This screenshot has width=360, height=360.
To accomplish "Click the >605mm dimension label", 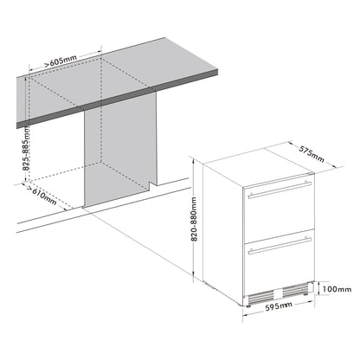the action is tap(61, 61).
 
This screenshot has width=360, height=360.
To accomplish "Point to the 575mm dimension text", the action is tap(312, 154).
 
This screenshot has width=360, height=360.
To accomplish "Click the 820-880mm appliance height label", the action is tap(194, 219).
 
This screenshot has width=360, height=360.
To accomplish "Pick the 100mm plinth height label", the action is tap(337, 289).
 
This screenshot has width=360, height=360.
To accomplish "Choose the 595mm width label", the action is tap(279, 306).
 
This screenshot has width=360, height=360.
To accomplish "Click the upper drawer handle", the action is tap(280, 190).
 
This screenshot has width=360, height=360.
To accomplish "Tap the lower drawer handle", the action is tap(280, 246).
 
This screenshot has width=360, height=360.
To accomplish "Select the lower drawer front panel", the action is tap(279, 262).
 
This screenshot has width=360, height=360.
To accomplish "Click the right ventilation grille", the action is tap(295, 290).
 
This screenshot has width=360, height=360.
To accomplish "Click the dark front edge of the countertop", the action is tap(117, 99).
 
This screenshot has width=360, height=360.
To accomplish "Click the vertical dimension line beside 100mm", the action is tap(318, 288).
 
